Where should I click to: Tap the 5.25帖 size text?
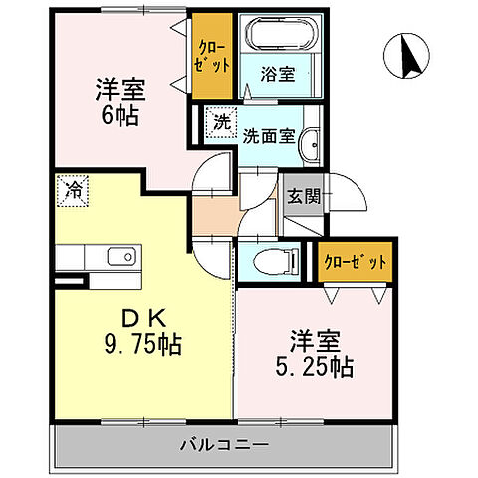point(318,365)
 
